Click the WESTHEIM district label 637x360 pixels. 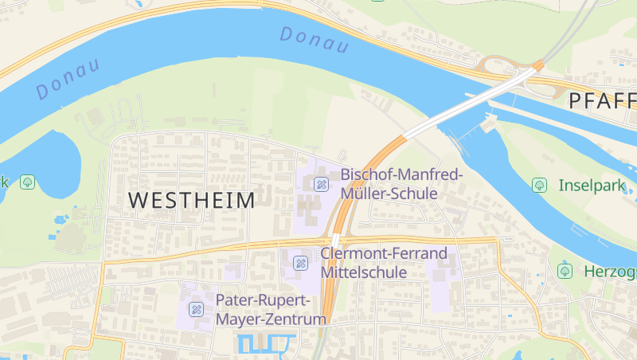click(x=191, y=200)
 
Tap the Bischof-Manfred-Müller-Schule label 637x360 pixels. click(x=401, y=183)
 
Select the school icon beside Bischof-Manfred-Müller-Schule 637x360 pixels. click(x=321, y=184)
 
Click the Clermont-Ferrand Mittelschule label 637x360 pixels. click(x=384, y=263)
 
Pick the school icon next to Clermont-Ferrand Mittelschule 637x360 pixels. click(x=300, y=263)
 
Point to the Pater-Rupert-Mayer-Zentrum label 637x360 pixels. click(x=272, y=310)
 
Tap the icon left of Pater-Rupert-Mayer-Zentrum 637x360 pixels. click(x=196, y=309)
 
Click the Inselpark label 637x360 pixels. click(x=592, y=186)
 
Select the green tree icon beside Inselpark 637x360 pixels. click(x=539, y=185)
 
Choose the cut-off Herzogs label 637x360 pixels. click(x=610, y=271)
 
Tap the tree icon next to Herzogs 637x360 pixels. click(x=565, y=271)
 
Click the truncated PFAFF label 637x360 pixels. click(x=603, y=101)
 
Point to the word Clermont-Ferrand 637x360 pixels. click(x=384, y=254)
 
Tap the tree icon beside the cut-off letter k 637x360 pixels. click(x=28, y=182)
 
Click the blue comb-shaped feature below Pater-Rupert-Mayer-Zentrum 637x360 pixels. click(x=266, y=344)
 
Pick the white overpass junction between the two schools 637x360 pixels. click(x=336, y=241)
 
